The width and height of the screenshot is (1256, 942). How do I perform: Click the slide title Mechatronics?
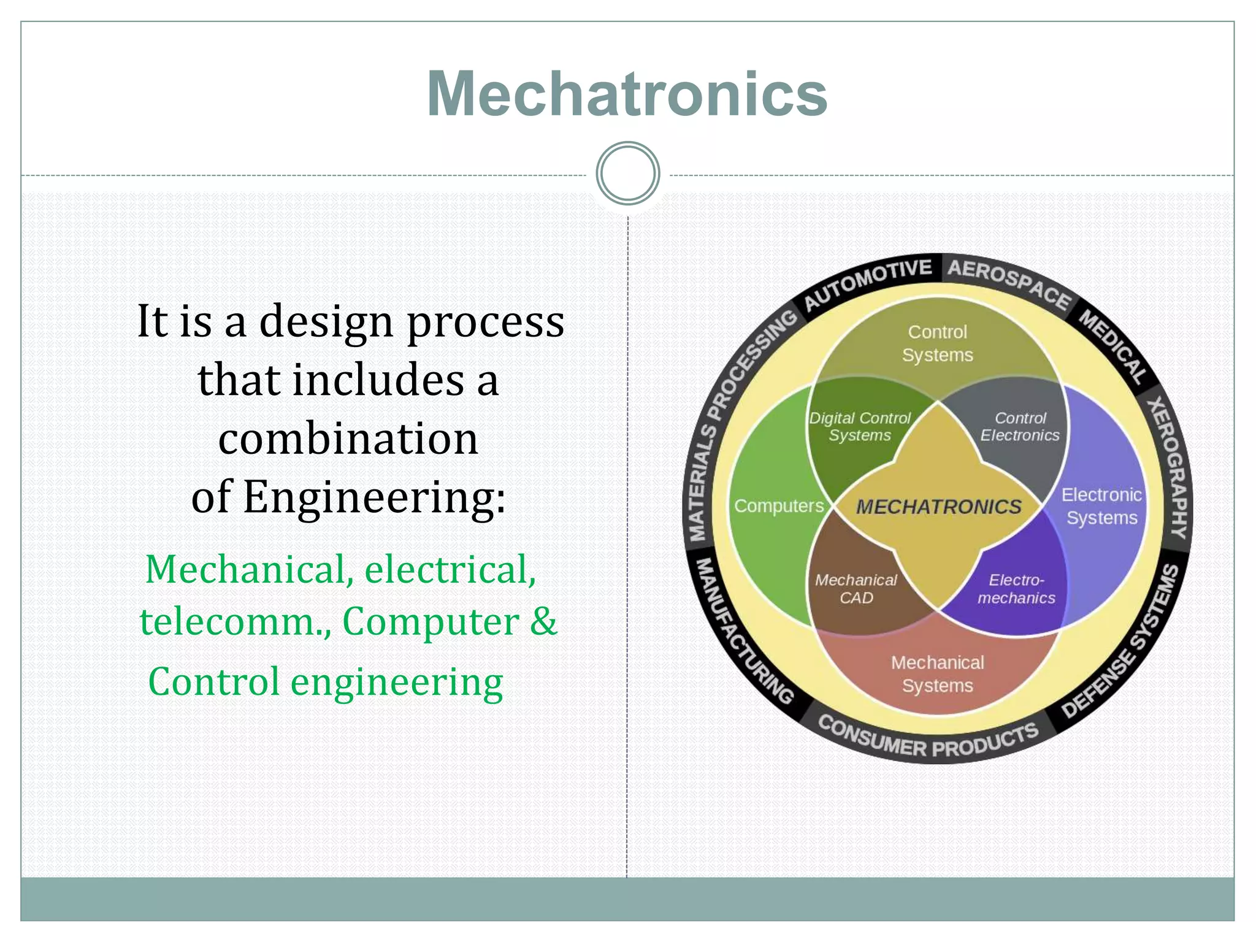point(627,93)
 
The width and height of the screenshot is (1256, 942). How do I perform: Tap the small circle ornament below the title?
point(627,174)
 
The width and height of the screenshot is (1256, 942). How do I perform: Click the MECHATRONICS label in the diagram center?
point(938,507)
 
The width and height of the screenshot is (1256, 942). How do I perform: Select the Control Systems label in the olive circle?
point(937,343)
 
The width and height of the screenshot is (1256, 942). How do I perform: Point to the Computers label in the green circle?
point(779,506)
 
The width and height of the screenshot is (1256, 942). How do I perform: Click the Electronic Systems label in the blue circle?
point(1101,506)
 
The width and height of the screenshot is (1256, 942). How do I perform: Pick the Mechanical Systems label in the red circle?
point(937,673)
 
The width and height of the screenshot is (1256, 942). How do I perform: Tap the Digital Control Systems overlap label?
point(859,427)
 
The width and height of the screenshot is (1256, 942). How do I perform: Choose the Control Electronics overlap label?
point(1019,427)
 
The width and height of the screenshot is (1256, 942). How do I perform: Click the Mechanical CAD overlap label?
point(856,589)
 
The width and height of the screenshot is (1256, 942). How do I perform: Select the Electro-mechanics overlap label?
point(1016,589)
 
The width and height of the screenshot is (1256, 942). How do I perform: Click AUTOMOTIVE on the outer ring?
point(867,284)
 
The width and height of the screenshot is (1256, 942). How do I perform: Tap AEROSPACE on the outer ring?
point(1009,283)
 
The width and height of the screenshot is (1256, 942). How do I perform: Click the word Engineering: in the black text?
point(375,497)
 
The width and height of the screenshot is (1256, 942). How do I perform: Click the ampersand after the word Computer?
point(543,621)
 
